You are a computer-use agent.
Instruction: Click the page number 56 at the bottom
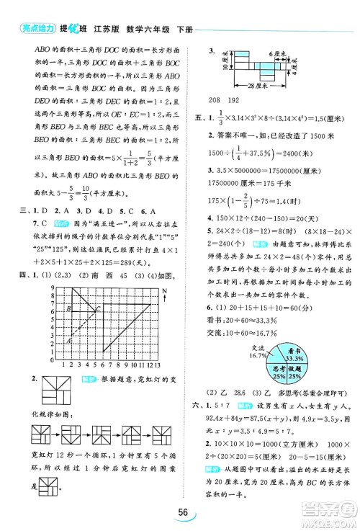pyautogui.click(x=179, y=514)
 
